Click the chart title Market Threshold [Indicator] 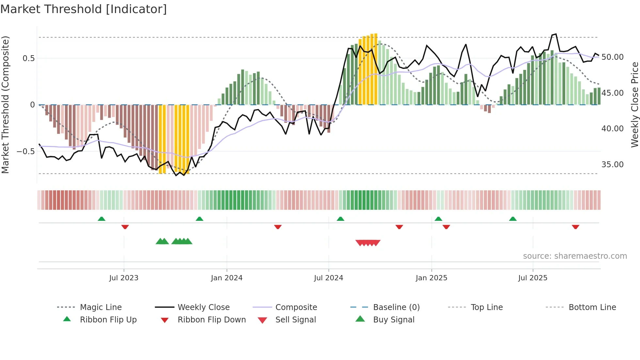(84, 9)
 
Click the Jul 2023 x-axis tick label (124, 278)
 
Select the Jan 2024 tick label (227, 278)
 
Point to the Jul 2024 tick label (328, 278)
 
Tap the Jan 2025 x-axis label (431, 278)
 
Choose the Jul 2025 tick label (533, 278)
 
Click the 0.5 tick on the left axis (28, 58)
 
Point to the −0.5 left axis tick (25, 152)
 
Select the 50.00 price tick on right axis (612, 57)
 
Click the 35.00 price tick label (612, 165)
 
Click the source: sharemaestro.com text (575, 256)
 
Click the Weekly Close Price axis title (634, 105)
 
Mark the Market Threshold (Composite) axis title (5, 105)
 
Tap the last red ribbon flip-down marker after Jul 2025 (575, 227)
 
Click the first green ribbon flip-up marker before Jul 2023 (102, 219)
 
